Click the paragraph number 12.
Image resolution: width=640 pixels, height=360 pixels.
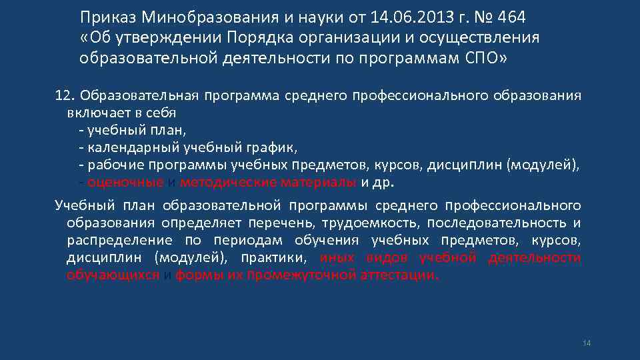(x=64, y=95)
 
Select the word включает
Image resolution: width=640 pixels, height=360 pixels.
(x=94, y=112)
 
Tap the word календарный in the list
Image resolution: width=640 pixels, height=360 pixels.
(x=125, y=147)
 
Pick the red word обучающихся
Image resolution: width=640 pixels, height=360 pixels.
(x=113, y=275)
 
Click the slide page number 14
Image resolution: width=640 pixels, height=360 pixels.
(x=587, y=343)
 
